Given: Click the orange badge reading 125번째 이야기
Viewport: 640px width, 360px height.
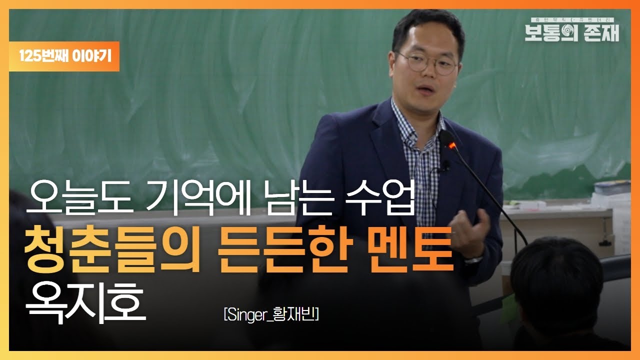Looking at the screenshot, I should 64,56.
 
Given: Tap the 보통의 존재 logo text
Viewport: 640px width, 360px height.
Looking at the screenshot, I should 571,32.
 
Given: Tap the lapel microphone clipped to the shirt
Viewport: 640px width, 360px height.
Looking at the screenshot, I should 444,165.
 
